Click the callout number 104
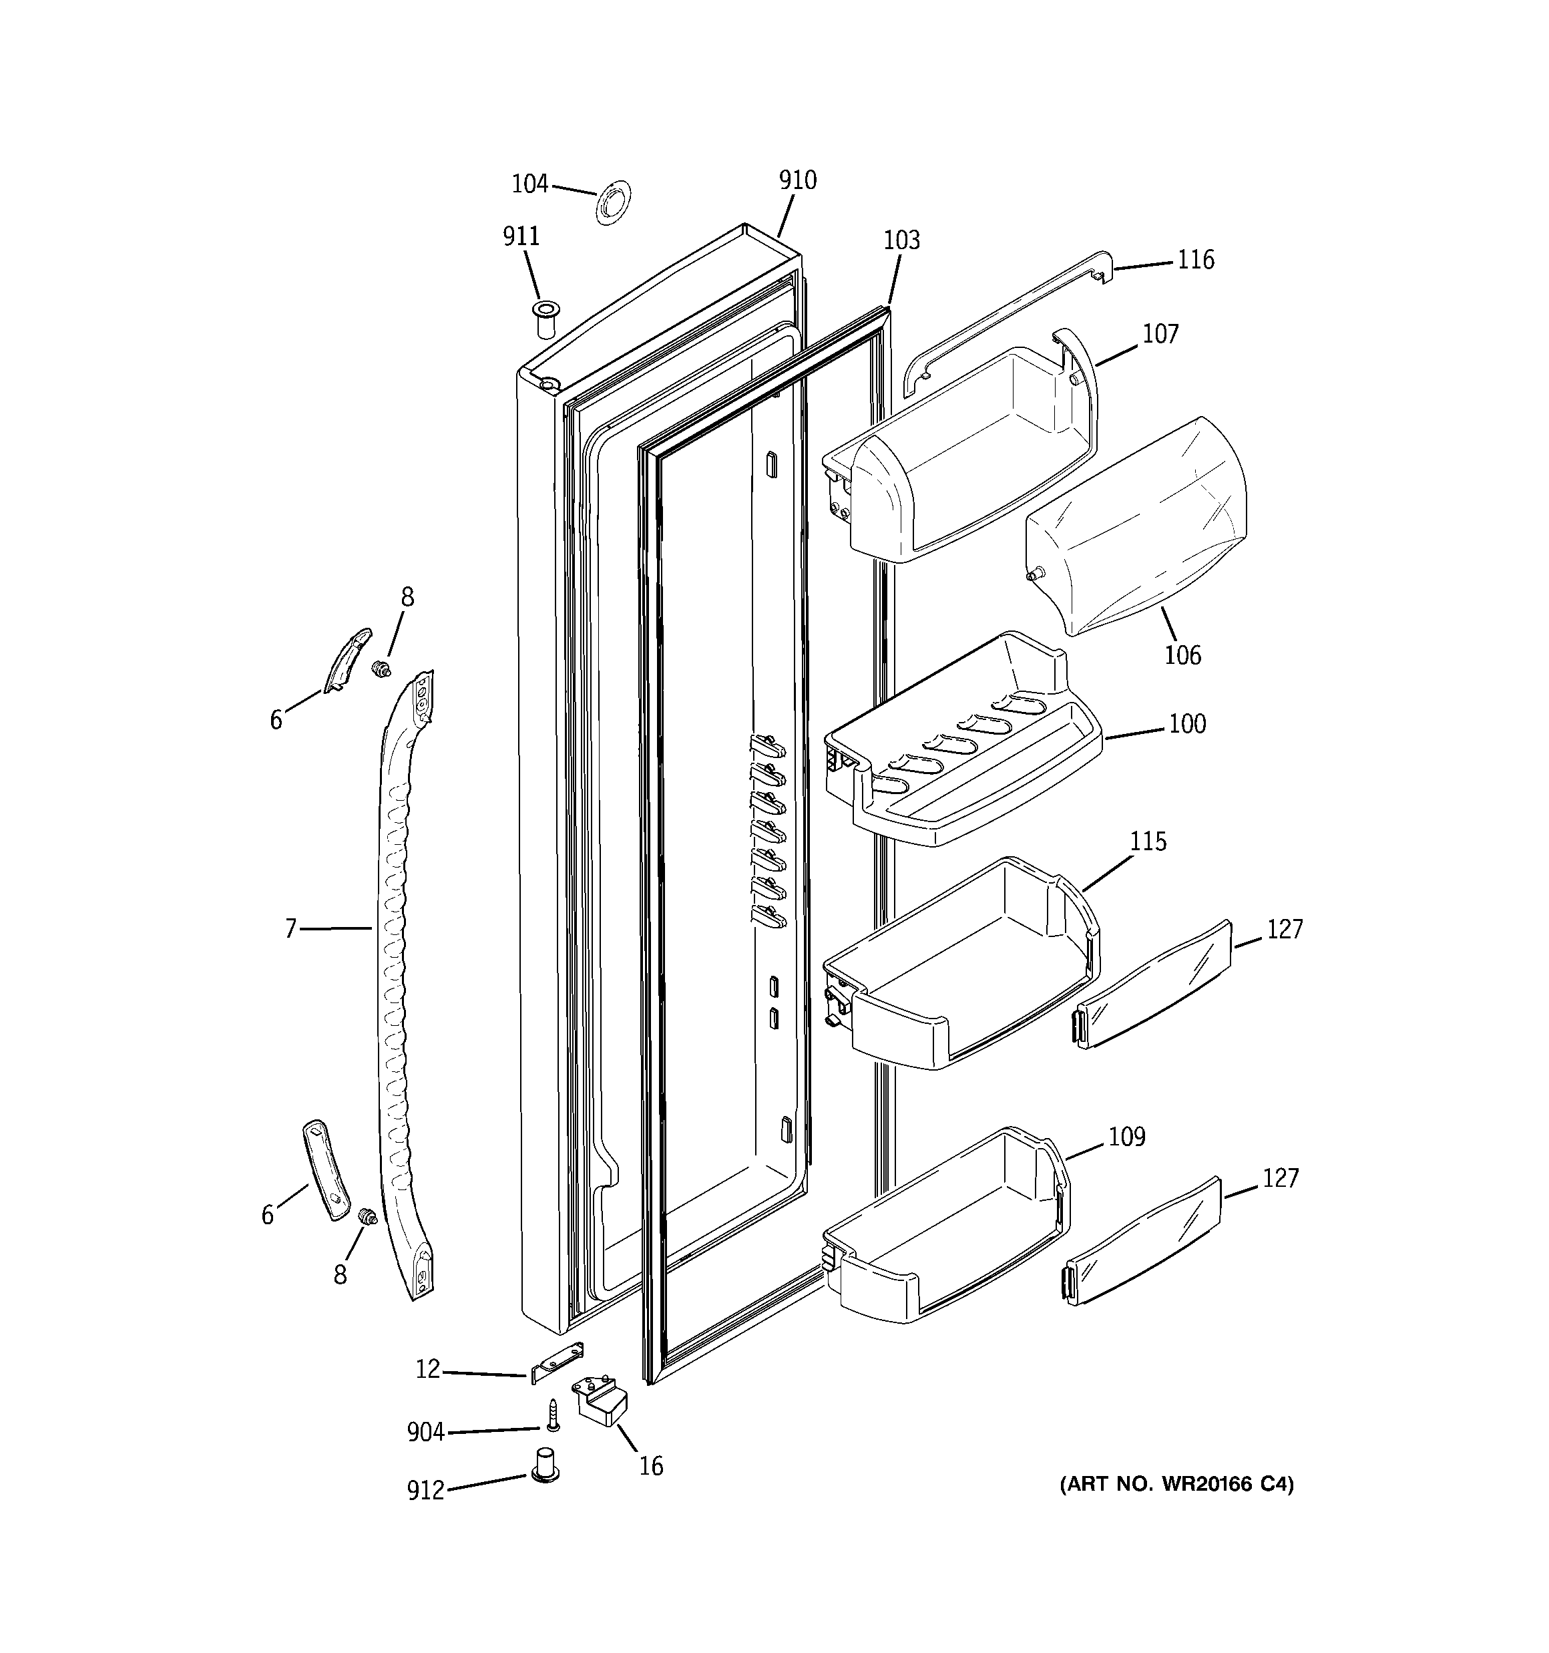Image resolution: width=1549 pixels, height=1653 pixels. pyautogui.click(x=529, y=184)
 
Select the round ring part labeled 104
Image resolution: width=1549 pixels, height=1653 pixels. pyautogui.click(x=613, y=201)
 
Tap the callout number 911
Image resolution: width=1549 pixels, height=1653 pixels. pyautogui.click(x=521, y=237)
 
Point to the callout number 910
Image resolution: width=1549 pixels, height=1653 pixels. pyautogui.click(x=797, y=180)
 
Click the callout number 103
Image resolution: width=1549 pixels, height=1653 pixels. pyautogui.click(x=901, y=240)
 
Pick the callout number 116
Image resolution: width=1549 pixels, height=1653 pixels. pyautogui.click(x=1196, y=260)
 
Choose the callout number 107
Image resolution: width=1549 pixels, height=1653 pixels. pyautogui.click(x=1160, y=334)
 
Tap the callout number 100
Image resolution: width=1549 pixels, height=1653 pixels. pyautogui.click(x=1187, y=724)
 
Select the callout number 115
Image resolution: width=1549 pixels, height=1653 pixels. pyautogui.click(x=1148, y=842)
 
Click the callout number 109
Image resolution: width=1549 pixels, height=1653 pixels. pyautogui.click(x=1126, y=1137)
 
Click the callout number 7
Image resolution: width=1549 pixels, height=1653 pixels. pyautogui.click(x=290, y=929)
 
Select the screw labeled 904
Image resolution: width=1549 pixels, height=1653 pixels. pyautogui.click(x=553, y=1415)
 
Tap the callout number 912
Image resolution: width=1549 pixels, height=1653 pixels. pyautogui.click(x=426, y=1491)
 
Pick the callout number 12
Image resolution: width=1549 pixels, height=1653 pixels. pyautogui.click(x=427, y=1369)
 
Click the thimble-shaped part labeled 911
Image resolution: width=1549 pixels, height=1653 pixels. pyautogui.click(x=546, y=320)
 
